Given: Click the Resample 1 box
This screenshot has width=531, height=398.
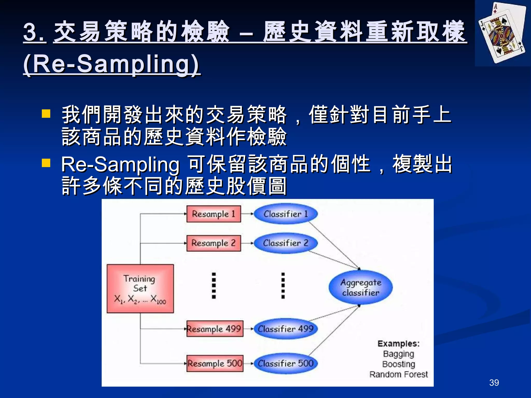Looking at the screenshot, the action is click(214, 214).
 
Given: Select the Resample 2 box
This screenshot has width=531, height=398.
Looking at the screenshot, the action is click(214, 243).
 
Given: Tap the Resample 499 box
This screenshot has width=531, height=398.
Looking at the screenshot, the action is click(215, 329).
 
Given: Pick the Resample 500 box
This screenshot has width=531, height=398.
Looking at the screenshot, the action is click(215, 363).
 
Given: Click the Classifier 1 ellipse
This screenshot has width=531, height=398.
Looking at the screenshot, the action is click(285, 214).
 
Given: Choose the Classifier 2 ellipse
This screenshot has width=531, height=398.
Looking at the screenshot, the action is click(285, 243).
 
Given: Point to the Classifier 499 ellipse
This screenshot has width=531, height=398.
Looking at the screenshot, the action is click(285, 329).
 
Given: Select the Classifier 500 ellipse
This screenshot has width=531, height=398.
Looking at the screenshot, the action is click(285, 363).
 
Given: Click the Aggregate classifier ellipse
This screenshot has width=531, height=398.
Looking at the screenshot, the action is click(361, 287).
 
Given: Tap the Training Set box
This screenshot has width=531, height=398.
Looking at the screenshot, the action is click(140, 289).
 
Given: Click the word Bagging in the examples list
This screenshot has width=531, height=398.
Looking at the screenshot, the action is click(399, 354).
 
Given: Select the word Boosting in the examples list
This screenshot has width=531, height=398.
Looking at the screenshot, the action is click(399, 364).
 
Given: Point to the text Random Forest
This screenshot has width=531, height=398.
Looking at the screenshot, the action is click(399, 374).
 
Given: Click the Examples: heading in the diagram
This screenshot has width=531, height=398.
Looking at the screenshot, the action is click(399, 344).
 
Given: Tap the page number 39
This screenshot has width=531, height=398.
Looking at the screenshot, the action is click(494, 382).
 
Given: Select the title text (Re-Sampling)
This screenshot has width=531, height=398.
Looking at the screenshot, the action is click(111, 64).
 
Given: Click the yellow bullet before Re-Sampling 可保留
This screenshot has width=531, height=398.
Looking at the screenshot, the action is click(46, 163).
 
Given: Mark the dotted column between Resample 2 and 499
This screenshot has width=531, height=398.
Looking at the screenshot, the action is click(214, 286).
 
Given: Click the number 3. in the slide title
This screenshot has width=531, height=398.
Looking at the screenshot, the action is click(34, 32).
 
